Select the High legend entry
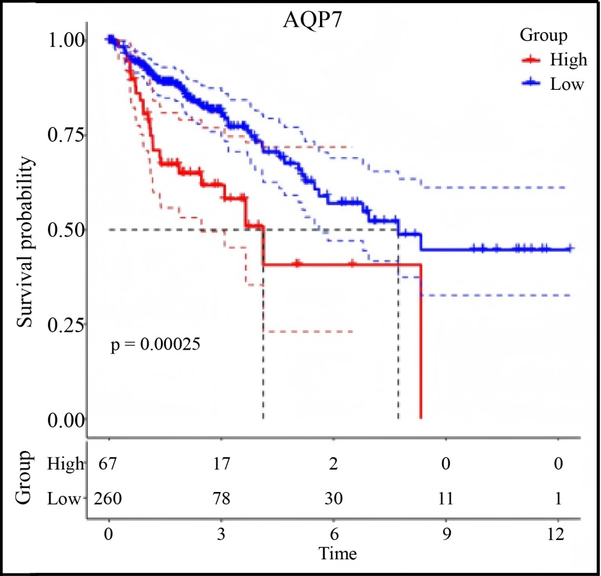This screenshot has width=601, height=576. (568, 60)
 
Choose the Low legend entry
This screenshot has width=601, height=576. (567, 83)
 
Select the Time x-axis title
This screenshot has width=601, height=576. (338, 552)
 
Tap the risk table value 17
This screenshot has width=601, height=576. (221, 464)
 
